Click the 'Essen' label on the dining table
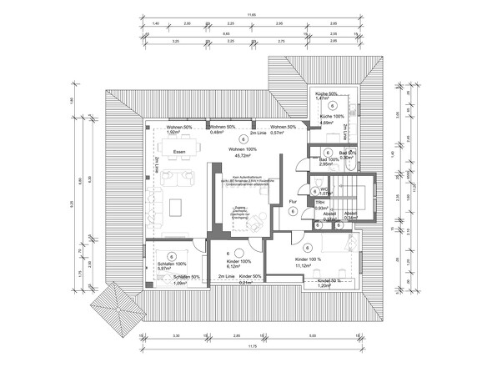click(179, 151)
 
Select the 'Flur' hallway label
click(292, 201)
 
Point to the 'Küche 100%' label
click(332, 118)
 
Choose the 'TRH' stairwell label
click(319, 202)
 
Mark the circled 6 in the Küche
click(332, 107)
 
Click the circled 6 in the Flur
click(293, 212)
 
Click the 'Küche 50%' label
click(326, 93)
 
